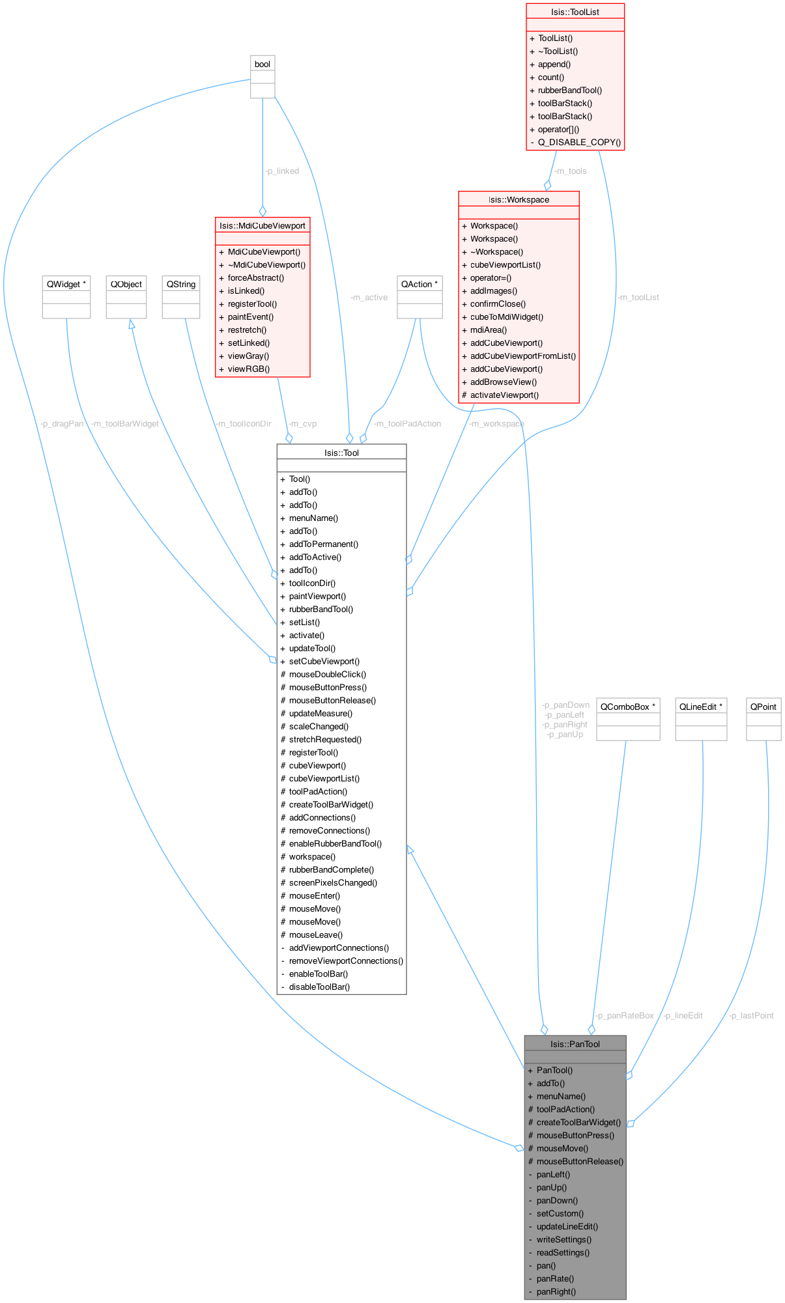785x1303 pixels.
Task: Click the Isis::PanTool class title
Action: [x=575, y=1044]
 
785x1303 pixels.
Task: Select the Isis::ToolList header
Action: [x=575, y=12]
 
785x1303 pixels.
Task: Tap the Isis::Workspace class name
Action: [x=519, y=199]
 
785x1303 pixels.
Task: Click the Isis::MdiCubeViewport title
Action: [x=263, y=225]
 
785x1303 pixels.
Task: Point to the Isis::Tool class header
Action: [x=341, y=453]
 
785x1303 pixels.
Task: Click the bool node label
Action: [x=263, y=64]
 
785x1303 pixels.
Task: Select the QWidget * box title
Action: [x=66, y=284]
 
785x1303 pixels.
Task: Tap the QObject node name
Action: [x=126, y=284]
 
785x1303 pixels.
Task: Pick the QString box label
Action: [x=181, y=284]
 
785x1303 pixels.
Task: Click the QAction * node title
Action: [x=420, y=284]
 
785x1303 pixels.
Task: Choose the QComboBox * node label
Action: [x=628, y=707]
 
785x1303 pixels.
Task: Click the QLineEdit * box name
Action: [x=701, y=707]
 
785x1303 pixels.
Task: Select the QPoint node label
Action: [x=764, y=707]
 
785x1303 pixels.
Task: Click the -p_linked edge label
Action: [x=282, y=171]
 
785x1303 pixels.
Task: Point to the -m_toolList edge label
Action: [x=638, y=298]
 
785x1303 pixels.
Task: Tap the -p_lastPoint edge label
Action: [x=752, y=1016]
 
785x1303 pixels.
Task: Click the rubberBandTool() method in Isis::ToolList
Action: [x=570, y=90]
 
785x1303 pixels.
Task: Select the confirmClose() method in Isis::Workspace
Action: [x=498, y=303]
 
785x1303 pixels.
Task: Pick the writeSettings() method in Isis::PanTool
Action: [x=564, y=1239]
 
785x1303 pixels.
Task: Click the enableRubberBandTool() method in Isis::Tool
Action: [x=335, y=843]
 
